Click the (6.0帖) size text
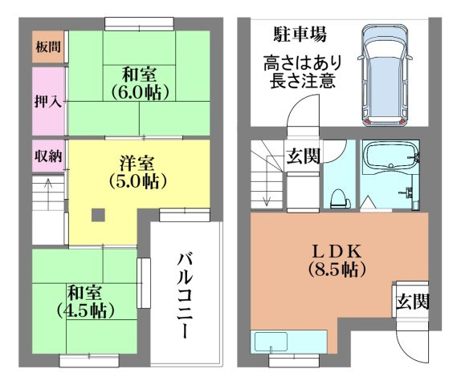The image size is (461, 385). (138, 93)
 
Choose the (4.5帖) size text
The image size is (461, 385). (85, 309)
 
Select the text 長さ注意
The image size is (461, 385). (300, 82)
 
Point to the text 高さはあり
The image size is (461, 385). (300, 63)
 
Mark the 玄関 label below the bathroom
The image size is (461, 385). (410, 302)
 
